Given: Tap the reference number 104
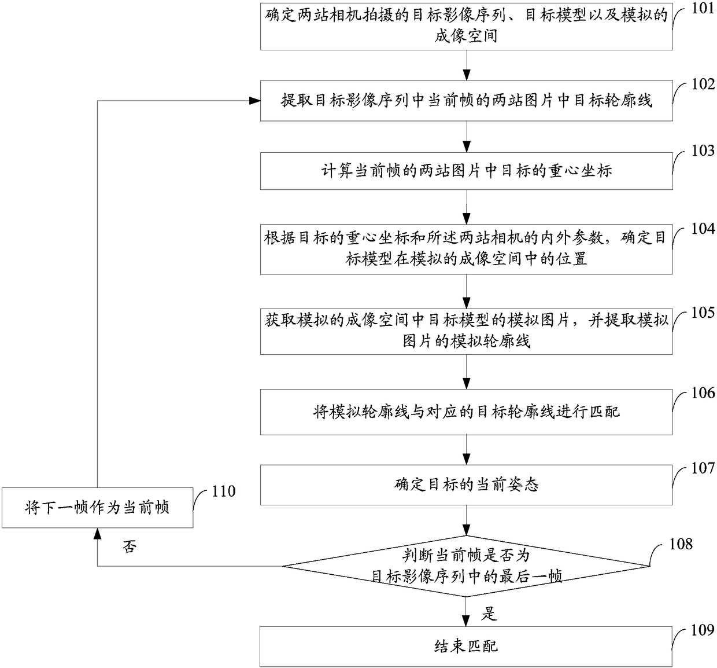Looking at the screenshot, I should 703,229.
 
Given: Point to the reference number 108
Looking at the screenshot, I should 681,544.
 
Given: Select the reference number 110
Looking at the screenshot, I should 224,491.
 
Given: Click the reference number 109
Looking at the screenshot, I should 703,630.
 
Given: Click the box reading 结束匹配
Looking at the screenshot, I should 466,647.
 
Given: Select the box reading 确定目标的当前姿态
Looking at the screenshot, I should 466,485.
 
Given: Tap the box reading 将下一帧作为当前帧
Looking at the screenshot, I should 97,508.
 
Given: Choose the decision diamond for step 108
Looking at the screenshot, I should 466,566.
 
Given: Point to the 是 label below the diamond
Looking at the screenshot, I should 489,614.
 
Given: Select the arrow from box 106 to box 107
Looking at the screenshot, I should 466,450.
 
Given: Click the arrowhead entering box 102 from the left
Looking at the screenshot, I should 254,101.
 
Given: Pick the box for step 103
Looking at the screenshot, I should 466,171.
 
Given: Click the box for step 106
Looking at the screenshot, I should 466,412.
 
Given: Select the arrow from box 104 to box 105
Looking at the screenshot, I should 466,292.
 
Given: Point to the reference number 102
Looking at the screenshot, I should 703,85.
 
